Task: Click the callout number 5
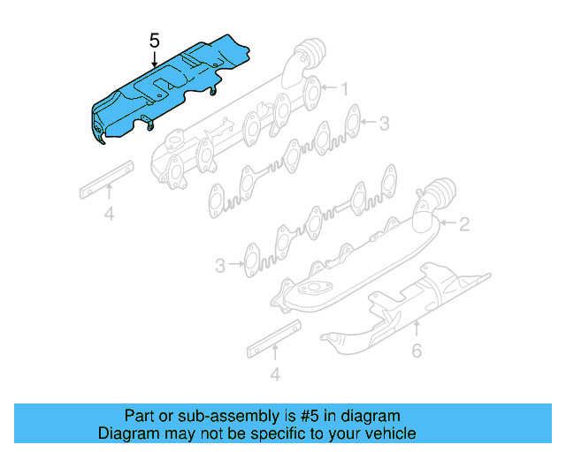coord(155,41)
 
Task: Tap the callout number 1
coord(346,88)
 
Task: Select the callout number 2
coord(463,225)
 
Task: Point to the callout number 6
coord(417,350)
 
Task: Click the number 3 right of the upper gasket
coord(384,124)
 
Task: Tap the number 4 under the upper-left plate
coord(109,213)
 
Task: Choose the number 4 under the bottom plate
coord(275,375)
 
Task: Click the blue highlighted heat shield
coord(164,93)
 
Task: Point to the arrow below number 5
coord(155,59)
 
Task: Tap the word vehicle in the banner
coord(390,433)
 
